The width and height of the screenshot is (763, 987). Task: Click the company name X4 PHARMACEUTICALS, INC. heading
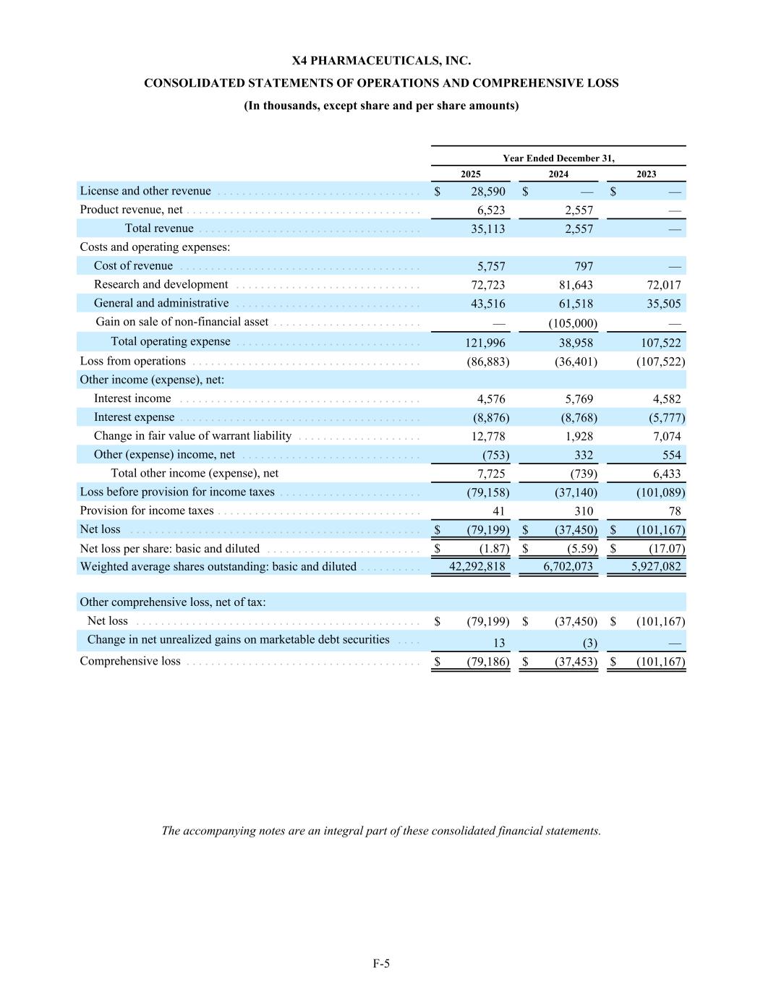[381, 61]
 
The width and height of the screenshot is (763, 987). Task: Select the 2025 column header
[470, 174]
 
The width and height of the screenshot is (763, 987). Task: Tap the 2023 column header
[646, 174]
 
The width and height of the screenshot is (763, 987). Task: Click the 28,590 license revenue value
[488, 192]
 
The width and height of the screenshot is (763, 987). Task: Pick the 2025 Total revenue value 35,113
[488, 228]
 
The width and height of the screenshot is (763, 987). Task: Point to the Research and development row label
[161, 285]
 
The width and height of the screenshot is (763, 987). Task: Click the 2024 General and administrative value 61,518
[576, 304]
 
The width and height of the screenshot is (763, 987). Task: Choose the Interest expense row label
[134, 417]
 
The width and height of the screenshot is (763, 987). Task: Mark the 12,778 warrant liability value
[488, 436]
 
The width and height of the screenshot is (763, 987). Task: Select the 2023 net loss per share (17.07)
[666, 549]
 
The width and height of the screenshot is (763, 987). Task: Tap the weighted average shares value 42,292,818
[477, 567]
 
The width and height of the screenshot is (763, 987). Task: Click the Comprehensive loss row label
[130, 661]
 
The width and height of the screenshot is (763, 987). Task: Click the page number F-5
[381, 963]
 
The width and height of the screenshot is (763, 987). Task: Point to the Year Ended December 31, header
[558, 158]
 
